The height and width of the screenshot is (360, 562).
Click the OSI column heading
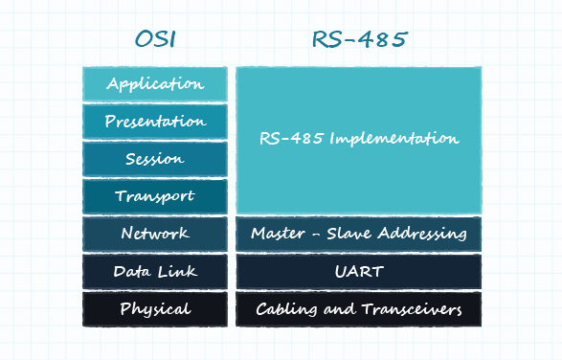pyautogui.click(x=155, y=39)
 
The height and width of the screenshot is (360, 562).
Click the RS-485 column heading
pyautogui.click(x=358, y=39)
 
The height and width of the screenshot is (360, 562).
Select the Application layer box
pyautogui.click(x=155, y=83)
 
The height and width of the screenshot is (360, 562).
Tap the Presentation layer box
pyautogui.click(x=155, y=122)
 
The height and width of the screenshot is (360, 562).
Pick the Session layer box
pyautogui.click(x=155, y=159)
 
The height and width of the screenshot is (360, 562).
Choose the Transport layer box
pyautogui.click(x=155, y=196)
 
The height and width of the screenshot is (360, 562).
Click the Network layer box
pyautogui.click(x=155, y=234)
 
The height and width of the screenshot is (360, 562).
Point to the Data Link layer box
pyautogui.click(x=155, y=271)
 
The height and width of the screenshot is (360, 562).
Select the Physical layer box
pyautogui.click(x=155, y=308)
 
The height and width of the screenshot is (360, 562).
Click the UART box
pyautogui.click(x=359, y=271)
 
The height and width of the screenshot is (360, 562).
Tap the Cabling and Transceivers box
pyautogui.click(x=359, y=308)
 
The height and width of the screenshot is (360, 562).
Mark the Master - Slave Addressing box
pyautogui.click(x=359, y=234)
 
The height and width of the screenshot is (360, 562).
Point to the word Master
pyautogui.click(x=277, y=234)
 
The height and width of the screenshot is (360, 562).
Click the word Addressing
pyautogui.click(x=423, y=234)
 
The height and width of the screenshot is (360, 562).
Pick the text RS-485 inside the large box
pyautogui.click(x=291, y=139)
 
